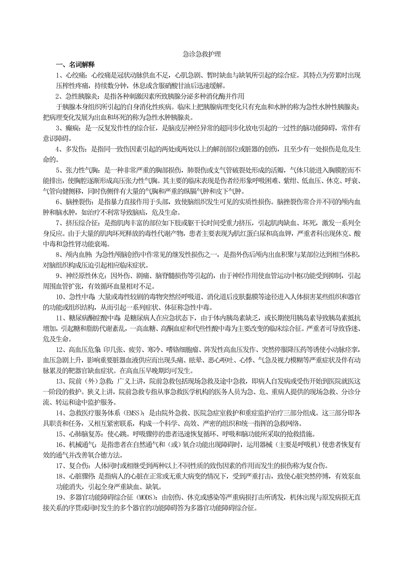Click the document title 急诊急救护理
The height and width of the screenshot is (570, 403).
pyautogui.click(x=201, y=55)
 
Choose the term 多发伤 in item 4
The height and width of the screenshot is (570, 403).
pyautogui.click(x=76, y=150)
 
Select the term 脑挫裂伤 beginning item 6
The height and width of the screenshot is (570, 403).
pyautogui.click(x=79, y=203)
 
